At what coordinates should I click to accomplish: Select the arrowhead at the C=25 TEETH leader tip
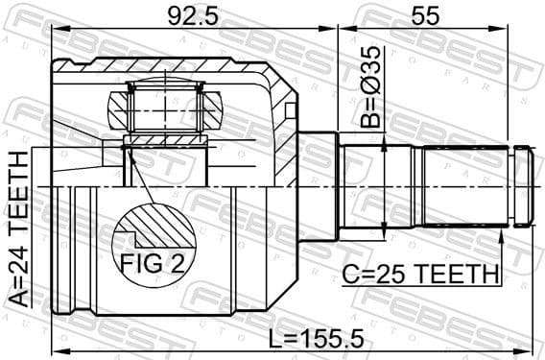(500, 231)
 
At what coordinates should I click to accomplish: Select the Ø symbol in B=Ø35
(371, 80)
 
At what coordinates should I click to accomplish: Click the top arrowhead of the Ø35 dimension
(384, 141)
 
